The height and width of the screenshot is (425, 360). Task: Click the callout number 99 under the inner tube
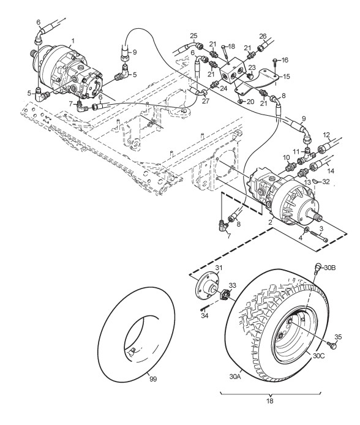coord(153,379)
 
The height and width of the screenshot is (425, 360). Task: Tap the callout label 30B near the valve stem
coord(330,268)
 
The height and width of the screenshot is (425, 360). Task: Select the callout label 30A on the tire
coord(235,377)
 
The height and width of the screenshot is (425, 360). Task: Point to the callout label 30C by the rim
coord(318,356)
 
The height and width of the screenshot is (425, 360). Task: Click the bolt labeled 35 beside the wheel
coord(332,345)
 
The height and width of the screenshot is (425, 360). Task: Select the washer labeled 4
coord(306,230)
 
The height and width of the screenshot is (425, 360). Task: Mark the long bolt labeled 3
coord(319,236)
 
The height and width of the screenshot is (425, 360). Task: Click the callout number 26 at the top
coord(263,36)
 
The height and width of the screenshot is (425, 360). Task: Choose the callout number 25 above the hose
coord(193,36)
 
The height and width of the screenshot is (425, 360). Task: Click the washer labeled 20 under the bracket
coord(240,102)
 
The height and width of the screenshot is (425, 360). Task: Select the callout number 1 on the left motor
coord(73,41)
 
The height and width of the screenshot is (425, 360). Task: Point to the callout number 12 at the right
coord(327,135)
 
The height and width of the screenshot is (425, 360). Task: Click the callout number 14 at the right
coord(331,171)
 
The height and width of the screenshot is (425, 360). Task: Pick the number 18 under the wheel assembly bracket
coord(270,401)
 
